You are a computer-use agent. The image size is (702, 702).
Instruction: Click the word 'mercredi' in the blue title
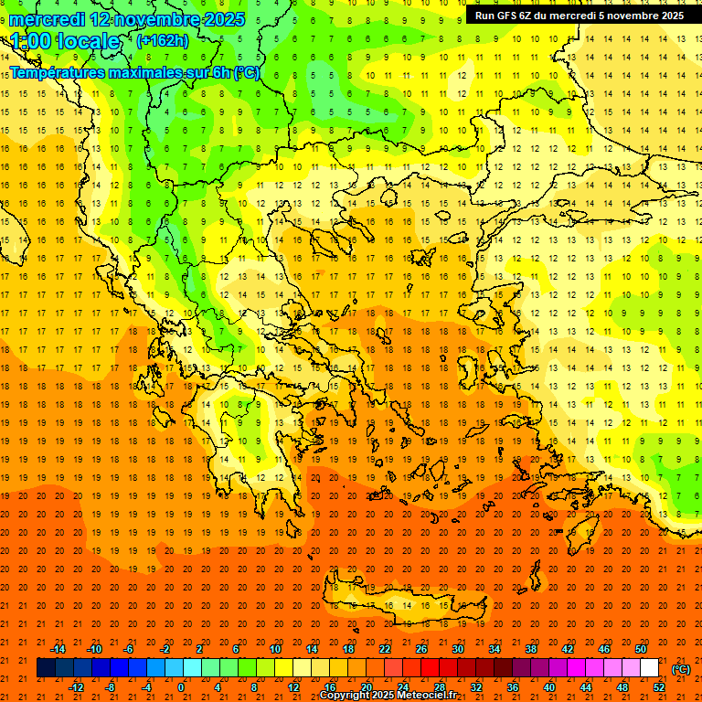click(48, 19)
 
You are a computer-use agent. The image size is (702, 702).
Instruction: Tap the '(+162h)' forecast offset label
click(162, 40)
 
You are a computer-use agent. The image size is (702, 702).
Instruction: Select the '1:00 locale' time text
click(65, 41)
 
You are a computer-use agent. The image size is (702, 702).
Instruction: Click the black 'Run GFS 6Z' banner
click(579, 16)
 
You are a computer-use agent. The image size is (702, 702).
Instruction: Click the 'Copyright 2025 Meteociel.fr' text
click(388, 696)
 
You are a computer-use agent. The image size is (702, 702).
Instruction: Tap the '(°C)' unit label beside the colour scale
click(681, 669)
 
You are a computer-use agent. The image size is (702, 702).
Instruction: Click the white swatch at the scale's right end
click(650, 668)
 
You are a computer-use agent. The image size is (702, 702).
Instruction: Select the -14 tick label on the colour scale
click(58, 649)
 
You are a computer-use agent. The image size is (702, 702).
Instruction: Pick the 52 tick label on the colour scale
click(659, 687)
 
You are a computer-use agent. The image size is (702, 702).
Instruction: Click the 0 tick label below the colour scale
click(181, 687)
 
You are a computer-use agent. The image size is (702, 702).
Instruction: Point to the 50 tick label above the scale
click(641, 649)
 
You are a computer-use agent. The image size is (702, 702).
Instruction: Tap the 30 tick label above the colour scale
click(457, 649)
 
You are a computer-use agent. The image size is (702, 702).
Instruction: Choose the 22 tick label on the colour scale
click(384, 649)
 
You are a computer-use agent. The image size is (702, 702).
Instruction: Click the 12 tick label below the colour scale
click(293, 687)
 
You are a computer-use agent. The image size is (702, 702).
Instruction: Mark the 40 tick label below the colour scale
click(549, 687)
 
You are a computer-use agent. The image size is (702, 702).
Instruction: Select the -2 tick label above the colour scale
click(166, 649)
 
